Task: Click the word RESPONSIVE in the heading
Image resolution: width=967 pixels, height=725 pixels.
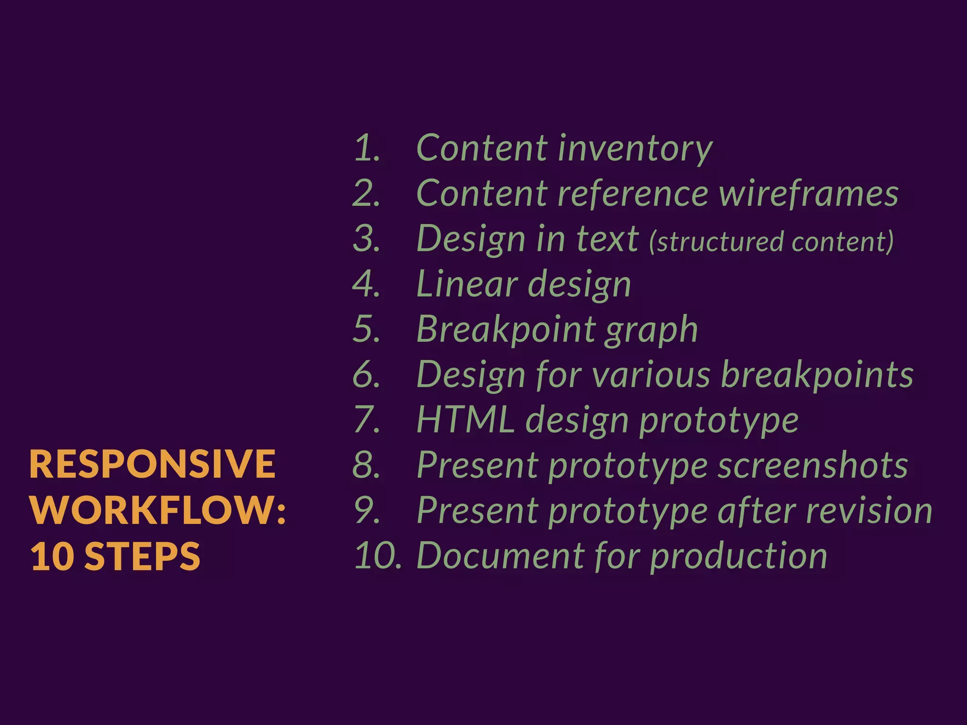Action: coord(152,464)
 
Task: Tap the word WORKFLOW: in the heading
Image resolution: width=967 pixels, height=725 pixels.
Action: coord(158,510)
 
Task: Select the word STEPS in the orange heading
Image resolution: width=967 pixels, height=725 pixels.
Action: coord(142,556)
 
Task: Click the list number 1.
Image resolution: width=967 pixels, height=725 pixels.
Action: coord(367,148)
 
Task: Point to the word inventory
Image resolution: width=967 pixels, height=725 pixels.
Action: coord(635,149)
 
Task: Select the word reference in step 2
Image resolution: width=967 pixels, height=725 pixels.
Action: coord(633,194)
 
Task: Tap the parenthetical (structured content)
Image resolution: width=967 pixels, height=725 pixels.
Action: coord(771,241)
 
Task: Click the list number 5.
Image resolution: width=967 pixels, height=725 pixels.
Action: coord(367,329)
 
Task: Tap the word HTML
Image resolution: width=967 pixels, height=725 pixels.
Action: coord(466,420)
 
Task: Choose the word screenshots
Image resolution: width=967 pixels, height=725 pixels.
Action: coord(813,465)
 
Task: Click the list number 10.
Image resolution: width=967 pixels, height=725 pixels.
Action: coord(377,555)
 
